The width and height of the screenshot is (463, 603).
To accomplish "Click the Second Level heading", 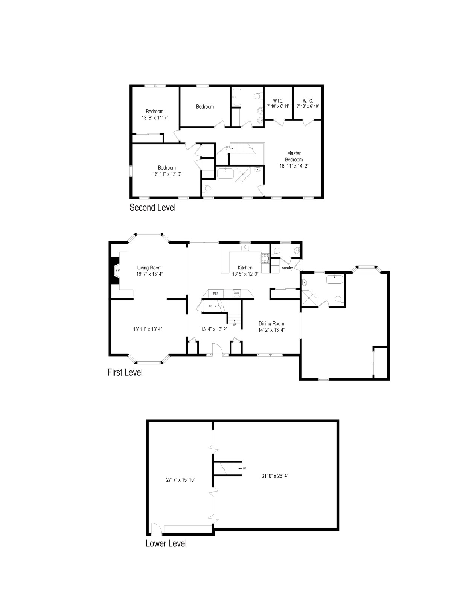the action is coord(152,208).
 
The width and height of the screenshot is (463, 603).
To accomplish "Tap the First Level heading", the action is coord(125,372).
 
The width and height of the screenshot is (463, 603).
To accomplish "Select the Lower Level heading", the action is coord(166,543).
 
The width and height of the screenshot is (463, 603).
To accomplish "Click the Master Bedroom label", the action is coord(294,156).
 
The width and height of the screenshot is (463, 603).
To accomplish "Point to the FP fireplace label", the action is coord(117,271).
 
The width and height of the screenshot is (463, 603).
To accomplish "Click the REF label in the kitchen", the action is coord(216,294).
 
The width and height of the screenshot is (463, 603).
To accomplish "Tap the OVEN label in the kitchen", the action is coord(237,293).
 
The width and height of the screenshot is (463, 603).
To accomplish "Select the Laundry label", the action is coord(286,268).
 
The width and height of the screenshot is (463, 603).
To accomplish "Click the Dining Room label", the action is coord(271,324).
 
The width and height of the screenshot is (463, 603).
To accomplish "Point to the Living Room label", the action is coord(149,268).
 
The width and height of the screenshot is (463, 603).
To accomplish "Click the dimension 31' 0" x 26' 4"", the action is coord(275,476).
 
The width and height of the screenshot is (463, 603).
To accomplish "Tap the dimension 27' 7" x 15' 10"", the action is coord(181,480).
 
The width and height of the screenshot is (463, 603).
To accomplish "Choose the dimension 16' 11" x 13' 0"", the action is coord(167,174).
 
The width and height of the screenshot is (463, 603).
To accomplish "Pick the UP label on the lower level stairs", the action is coord(244,468).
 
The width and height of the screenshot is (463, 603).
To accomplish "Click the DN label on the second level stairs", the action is coord(228,147).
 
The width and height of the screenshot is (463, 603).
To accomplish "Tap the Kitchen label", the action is coord(245,268).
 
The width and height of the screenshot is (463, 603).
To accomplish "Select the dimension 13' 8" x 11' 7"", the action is coord(155,118).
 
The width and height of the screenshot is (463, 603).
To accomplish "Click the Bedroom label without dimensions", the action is coord(205,107).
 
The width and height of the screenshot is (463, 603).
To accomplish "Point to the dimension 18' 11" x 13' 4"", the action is coord(148,329).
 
